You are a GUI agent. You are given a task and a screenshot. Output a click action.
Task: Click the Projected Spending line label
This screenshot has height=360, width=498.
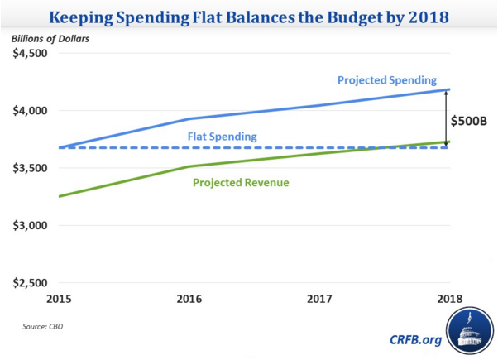pos(386,80)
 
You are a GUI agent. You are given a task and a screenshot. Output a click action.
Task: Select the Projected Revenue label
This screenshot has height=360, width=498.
pos(241,182)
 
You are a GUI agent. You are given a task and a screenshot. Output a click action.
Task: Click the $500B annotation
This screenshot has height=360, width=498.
pos(469,120)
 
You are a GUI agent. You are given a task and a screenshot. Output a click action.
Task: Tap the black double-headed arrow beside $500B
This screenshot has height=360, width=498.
pos(445,118)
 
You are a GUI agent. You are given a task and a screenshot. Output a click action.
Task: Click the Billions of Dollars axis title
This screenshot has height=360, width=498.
pos(49,38)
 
